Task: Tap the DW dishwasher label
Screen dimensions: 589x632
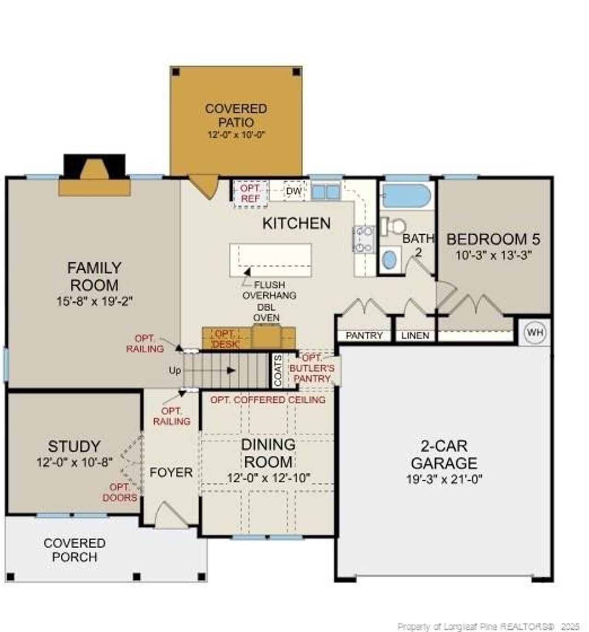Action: point(294,191)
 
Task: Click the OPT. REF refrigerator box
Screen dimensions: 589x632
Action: point(250,193)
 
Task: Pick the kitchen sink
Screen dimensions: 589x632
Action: point(325,191)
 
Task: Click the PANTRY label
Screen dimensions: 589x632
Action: point(364,336)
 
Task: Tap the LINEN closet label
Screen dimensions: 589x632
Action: point(415,336)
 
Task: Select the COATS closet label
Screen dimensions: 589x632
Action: point(277,371)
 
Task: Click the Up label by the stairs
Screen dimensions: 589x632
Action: point(175,371)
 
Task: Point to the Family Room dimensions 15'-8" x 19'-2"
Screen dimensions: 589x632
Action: point(94,301)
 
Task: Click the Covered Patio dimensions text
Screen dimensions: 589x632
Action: point(236,134)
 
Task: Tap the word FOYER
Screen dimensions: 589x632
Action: point(171,472)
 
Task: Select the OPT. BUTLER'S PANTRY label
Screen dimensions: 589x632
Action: point(312,368)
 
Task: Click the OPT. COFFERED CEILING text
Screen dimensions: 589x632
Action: point(268,400)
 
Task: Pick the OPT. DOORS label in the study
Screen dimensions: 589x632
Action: point(120,493)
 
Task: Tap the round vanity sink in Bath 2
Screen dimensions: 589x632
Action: point(389,259)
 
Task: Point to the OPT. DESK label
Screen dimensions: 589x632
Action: point(225,339)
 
